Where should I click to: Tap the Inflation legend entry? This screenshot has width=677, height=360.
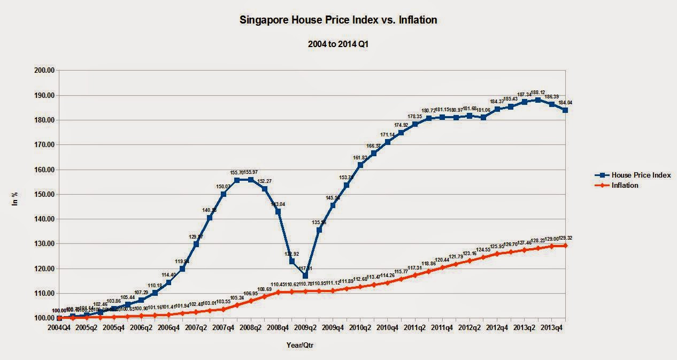pyautogui.click(x=626, y=185)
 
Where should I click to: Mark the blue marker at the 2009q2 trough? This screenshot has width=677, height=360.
pyautogui.click(x=305, y=276)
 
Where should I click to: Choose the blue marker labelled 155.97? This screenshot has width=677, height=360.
pyautogui.click(x=251, y=180)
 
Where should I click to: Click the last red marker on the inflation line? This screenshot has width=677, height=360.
pyautogui.click(x=565, y=246)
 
